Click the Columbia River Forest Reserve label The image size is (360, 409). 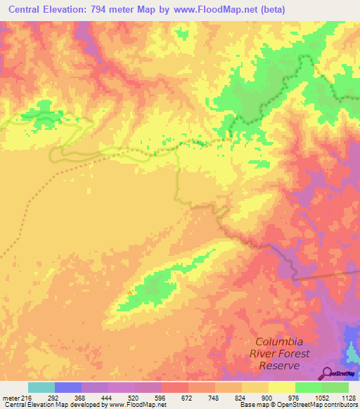[279, 353]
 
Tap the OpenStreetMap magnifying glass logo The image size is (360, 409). [327, 372]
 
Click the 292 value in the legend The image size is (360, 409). [67, 397]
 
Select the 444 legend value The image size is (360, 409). [121, 397]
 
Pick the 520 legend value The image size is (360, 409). [148, 397]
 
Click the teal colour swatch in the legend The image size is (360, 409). [41, 387]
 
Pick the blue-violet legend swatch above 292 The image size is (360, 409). [67, 387]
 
